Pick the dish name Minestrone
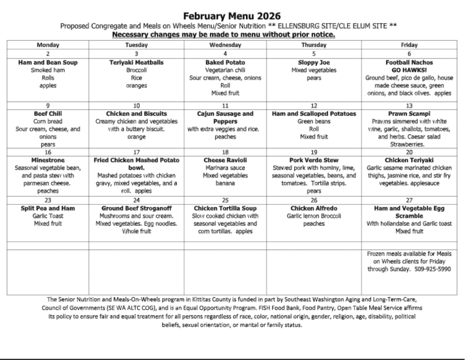point(48,160)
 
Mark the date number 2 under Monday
point(48,53)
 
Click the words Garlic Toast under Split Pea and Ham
point(48,216)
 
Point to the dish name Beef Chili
point(48,114)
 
